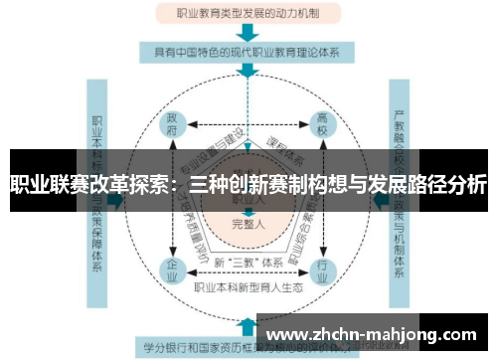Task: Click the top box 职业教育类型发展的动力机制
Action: (248, 14)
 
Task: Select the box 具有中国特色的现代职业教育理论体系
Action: (248, 52)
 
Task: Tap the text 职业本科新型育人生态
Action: (248, 288)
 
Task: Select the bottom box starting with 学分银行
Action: (199, 347)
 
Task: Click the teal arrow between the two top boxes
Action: (248, 33)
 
